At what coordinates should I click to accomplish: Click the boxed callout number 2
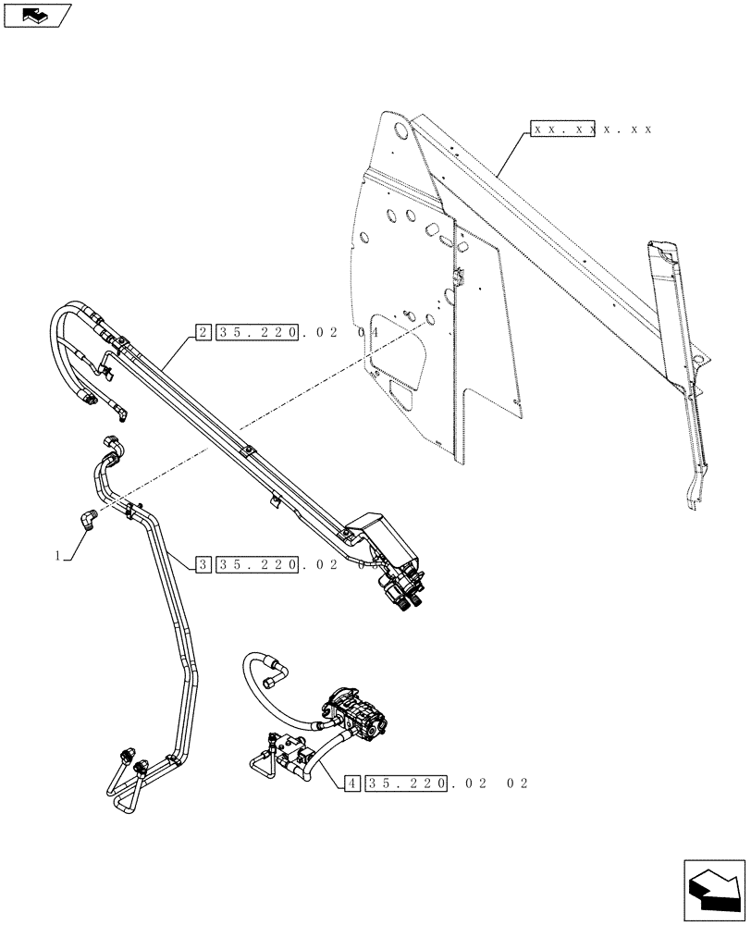203,331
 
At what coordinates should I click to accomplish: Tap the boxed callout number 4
351,783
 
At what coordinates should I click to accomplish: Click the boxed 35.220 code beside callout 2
260,331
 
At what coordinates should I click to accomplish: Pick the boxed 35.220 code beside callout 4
408,783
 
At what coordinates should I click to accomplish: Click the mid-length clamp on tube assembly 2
247,452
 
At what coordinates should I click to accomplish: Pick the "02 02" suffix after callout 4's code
499,783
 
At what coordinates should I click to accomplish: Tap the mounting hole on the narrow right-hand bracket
701,358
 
